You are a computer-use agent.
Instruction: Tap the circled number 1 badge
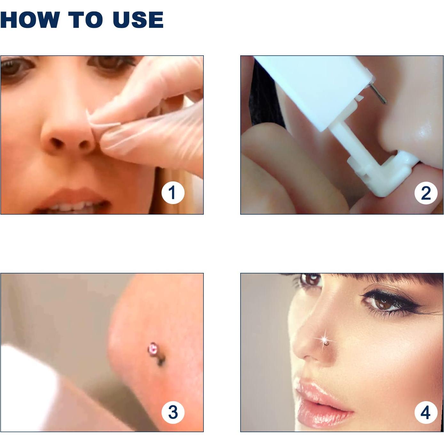173,193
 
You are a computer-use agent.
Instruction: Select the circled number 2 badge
426,193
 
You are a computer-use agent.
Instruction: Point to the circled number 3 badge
173,412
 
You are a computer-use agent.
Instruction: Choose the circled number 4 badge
426,412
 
